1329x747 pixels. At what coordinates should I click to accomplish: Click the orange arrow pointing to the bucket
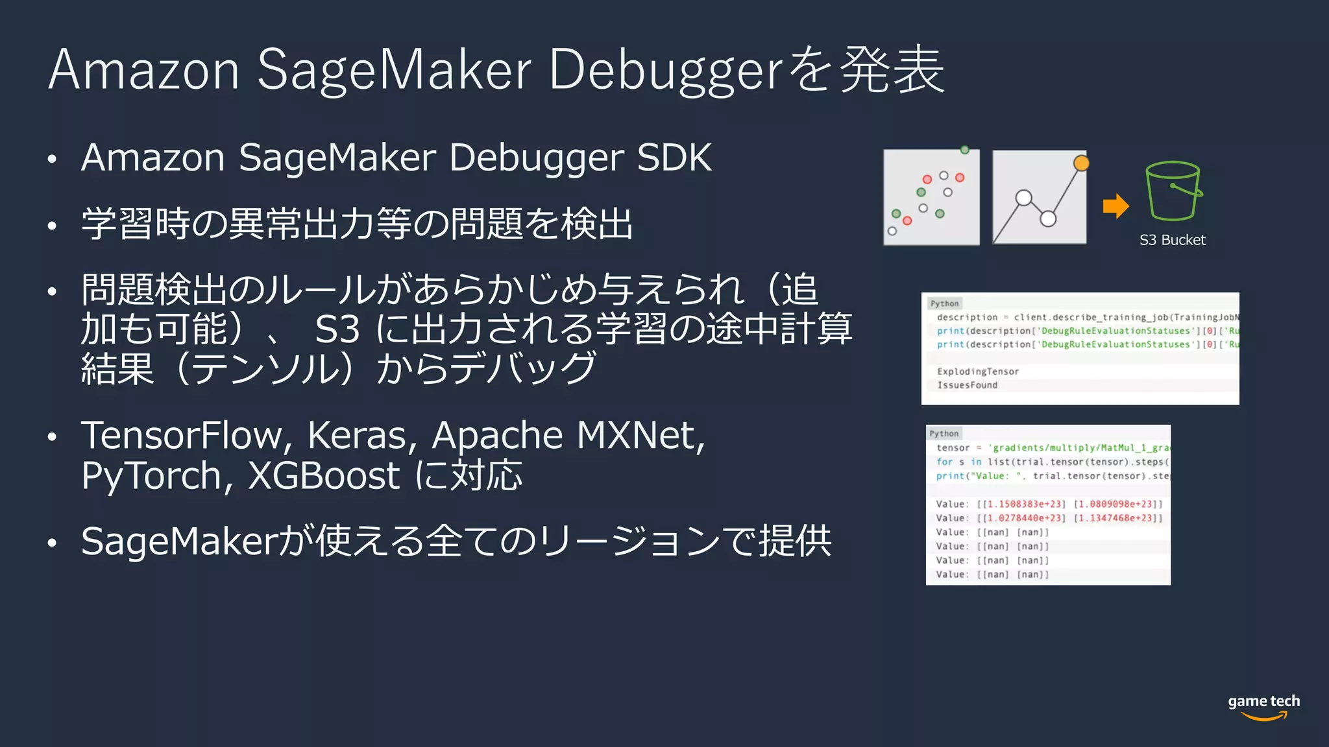tap(1116, 206)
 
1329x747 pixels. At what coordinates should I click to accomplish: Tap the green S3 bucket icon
tap(1173, 191)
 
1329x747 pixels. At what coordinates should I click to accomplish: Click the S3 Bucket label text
tap(1172, 240)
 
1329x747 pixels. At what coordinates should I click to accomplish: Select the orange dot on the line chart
tap(1081, 163)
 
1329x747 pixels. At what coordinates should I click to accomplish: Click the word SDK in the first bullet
tap(674, 158)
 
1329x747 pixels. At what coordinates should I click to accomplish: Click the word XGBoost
tap(324, 476)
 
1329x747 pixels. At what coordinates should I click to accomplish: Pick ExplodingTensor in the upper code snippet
tap(977, 372)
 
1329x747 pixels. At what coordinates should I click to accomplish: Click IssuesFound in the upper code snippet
tap(967, 385)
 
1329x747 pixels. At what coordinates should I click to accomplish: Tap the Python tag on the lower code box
tap(944, 433)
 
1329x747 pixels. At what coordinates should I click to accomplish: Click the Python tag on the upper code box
tap(944, 303)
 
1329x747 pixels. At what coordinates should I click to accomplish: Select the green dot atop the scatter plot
tap(965, 150)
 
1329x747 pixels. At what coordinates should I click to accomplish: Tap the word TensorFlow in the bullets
tap(182, 435)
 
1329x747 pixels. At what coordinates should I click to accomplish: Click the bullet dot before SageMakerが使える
tap(53, 543)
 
